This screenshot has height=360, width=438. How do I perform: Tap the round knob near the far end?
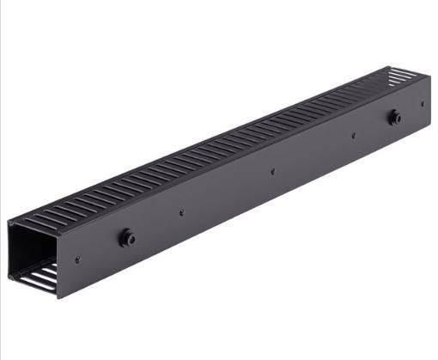(394, 118)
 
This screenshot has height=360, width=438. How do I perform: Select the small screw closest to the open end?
(78, 259)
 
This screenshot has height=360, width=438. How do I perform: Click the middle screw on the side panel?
(271, 171)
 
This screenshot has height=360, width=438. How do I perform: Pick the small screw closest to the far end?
(422, 104)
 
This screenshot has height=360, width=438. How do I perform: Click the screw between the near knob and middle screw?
(182, 212)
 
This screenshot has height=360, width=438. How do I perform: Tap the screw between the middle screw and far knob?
(353, 135)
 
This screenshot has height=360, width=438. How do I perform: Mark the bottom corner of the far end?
(428, 124)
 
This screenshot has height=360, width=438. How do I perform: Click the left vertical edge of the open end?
(9, 249)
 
